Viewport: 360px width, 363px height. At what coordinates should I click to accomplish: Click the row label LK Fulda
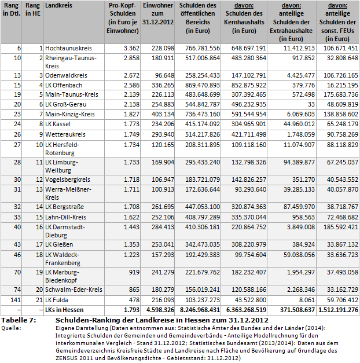[x=57, y=299]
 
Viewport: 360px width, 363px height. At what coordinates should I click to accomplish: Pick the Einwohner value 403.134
[x=160, y=115]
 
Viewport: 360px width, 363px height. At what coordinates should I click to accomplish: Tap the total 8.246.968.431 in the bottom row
[x=197, y=310]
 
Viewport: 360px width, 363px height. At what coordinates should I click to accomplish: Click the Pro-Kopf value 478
[x=133, y=299]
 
